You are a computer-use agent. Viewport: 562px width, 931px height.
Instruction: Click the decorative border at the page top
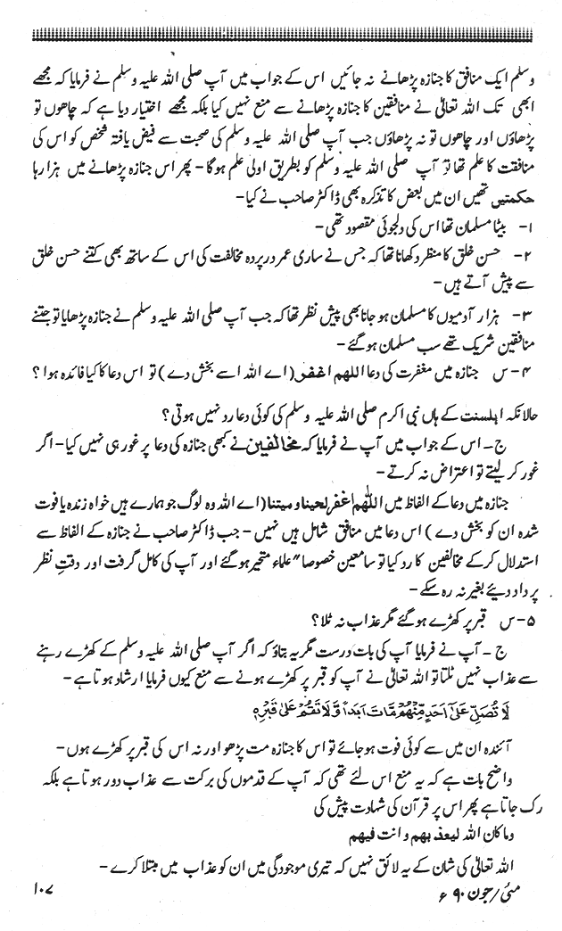tap(281, 35)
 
